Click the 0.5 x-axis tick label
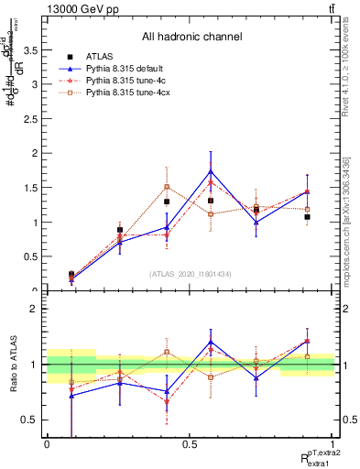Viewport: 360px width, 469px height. [x=190, y=443]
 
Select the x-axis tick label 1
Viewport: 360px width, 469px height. [x=333, y=443]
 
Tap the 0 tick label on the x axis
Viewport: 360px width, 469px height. [x=47, y=443]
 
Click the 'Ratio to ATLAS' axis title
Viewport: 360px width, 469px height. [x=13, y=365]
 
